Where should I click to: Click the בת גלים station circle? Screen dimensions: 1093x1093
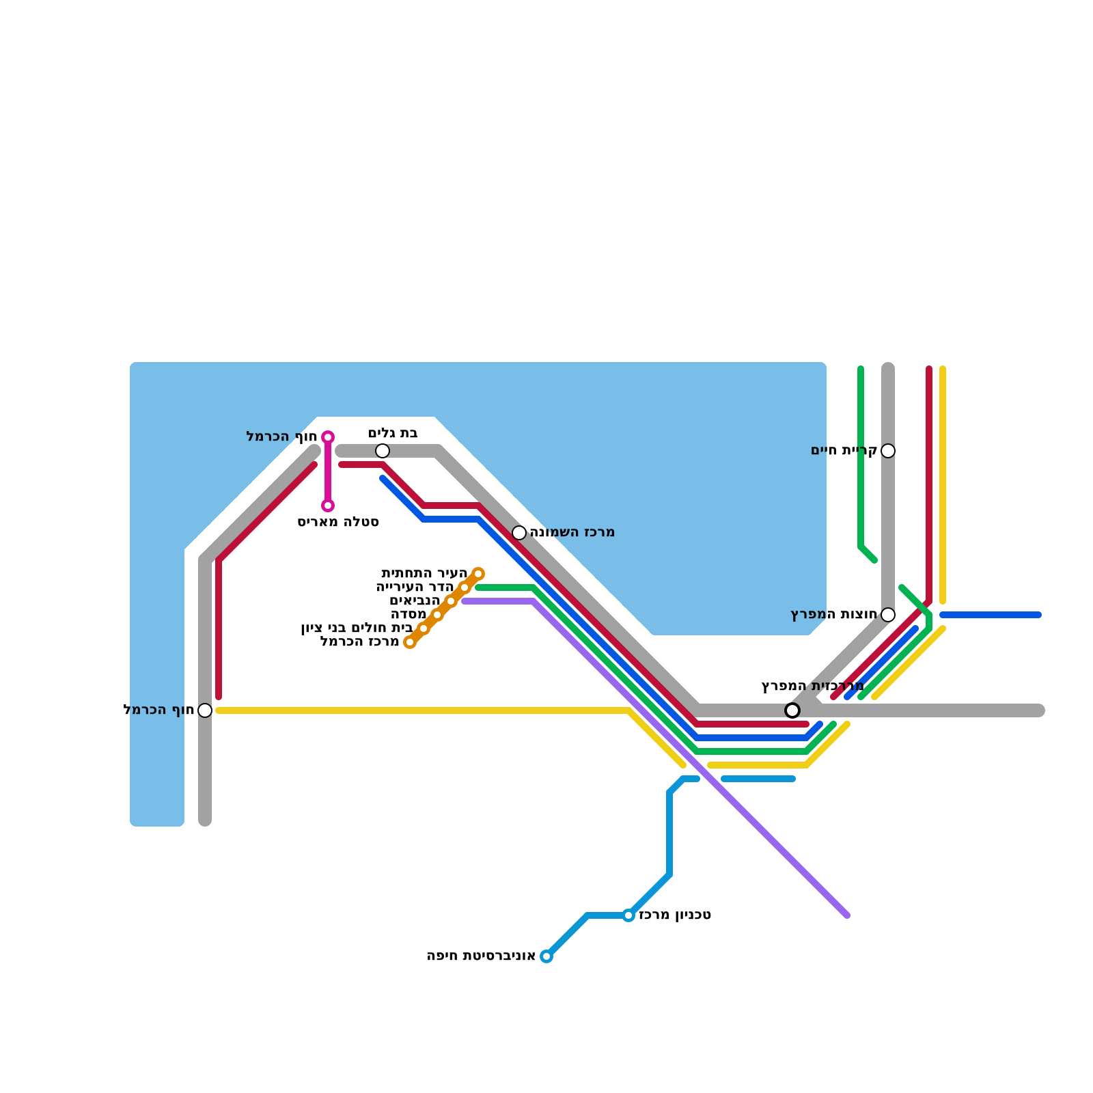pos(383,451)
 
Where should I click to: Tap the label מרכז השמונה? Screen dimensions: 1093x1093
pos(572,533)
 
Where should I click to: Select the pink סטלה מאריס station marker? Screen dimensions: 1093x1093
pos(328,506)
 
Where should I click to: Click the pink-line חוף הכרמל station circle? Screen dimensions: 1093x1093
pos(328,437)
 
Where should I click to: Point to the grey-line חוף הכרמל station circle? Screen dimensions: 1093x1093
pos(205,710)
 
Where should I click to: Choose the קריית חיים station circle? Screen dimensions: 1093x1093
pos(888,451)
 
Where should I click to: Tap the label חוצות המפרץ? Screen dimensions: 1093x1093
pos(833,615)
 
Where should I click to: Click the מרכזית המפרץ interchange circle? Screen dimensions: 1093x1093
pos(792,710)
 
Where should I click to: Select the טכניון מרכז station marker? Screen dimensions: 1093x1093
pos(628,915)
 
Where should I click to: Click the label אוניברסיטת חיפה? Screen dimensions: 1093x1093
pos(481,956)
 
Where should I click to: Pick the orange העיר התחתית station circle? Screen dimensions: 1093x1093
pos(478,574)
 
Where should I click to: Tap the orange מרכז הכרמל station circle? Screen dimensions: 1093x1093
pos(410,642)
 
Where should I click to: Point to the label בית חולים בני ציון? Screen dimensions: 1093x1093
pos(357,628)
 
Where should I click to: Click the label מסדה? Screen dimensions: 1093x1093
pos(409,615)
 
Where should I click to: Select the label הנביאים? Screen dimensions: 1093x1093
pos(415,601)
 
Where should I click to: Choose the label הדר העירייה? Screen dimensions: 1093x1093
pos(415,587)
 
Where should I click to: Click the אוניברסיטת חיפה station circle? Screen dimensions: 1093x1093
pos(546,956)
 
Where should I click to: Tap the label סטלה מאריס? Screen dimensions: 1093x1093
pos(338,523)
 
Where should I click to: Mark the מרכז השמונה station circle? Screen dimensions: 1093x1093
pos(519,533)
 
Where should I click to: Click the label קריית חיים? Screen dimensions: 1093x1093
pos(844,451)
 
